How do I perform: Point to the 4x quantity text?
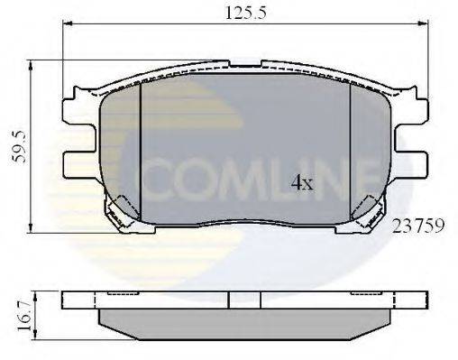pyautogui.click(x=301, y=184)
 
